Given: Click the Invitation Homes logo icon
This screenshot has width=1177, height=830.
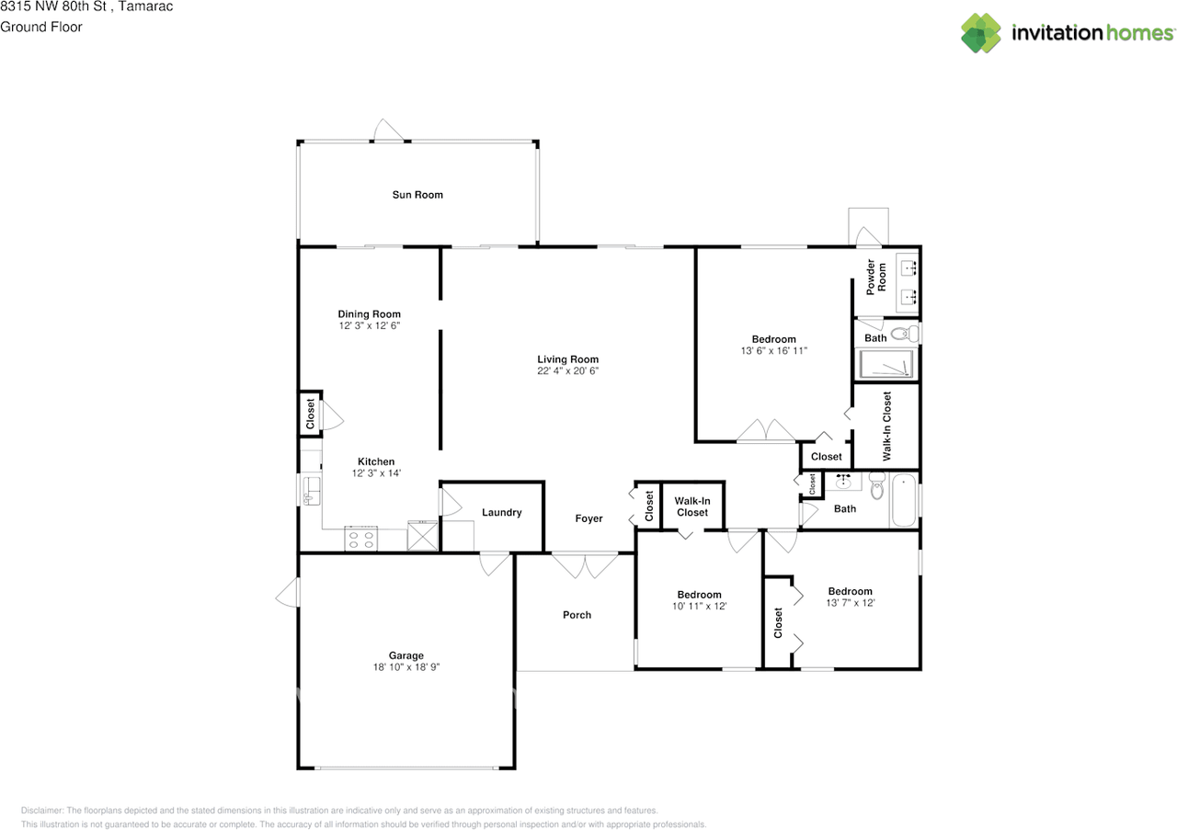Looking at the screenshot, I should coord(981,33).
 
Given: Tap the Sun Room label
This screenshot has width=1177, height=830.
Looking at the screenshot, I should coord(417,195).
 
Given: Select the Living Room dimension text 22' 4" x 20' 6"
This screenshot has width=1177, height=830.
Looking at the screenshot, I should coord(568,371).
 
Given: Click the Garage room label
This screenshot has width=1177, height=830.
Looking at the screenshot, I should coord(406,655).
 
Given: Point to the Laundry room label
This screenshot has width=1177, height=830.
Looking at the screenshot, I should coord(502,513).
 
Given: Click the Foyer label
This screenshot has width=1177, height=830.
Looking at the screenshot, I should coord(588,518).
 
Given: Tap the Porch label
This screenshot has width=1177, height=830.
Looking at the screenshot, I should coord(577,615).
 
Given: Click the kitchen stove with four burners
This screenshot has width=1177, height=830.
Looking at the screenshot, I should coord(361,539).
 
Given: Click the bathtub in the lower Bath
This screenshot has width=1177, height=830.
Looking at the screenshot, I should coord(903,500).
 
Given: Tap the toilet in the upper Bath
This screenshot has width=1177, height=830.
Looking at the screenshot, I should coord(905,334).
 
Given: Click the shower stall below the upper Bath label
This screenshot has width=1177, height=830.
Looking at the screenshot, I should coord(886,365).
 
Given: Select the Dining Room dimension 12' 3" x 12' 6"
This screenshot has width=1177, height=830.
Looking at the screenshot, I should coord(369,325).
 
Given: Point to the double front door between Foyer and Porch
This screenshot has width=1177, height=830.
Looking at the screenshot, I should coord(585,564).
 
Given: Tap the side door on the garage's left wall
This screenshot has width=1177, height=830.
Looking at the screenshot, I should coord(288,593).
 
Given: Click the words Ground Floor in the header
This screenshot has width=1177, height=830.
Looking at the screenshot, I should coord(41,27).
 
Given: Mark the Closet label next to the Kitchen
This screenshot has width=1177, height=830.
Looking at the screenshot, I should coord(311,414).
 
